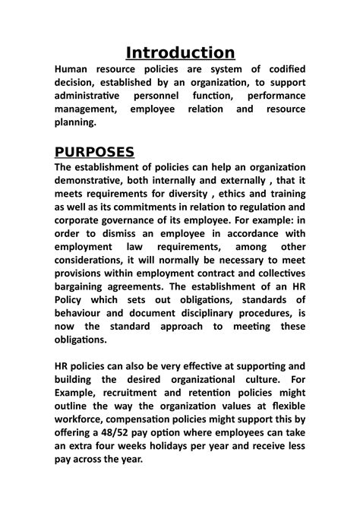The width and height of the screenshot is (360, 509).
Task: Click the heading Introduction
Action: coord(180,52)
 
